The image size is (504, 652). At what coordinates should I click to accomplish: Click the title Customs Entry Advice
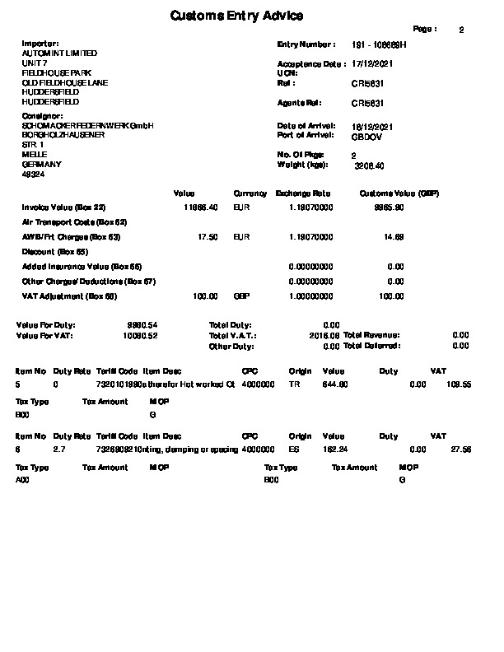coord(236,16)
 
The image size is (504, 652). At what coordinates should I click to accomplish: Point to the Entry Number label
coord(306,44)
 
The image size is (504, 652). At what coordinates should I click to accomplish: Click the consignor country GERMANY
coord(41,165)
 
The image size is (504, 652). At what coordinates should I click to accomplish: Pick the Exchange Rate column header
coord(302,193)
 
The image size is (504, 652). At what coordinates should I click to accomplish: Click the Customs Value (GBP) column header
coord(399,193)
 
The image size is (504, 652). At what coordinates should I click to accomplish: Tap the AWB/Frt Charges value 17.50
coord(208,237)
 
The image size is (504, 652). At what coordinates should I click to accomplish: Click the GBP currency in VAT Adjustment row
coord(241,296)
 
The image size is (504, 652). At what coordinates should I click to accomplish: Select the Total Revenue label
coord(371,336)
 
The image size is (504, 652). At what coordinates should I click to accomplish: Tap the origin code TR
coord(294,384)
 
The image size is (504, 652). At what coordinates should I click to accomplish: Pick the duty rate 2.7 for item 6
coord(59,449)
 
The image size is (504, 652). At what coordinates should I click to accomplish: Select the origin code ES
coord(294,449)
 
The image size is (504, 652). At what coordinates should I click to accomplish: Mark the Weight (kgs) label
coord(303,165)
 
